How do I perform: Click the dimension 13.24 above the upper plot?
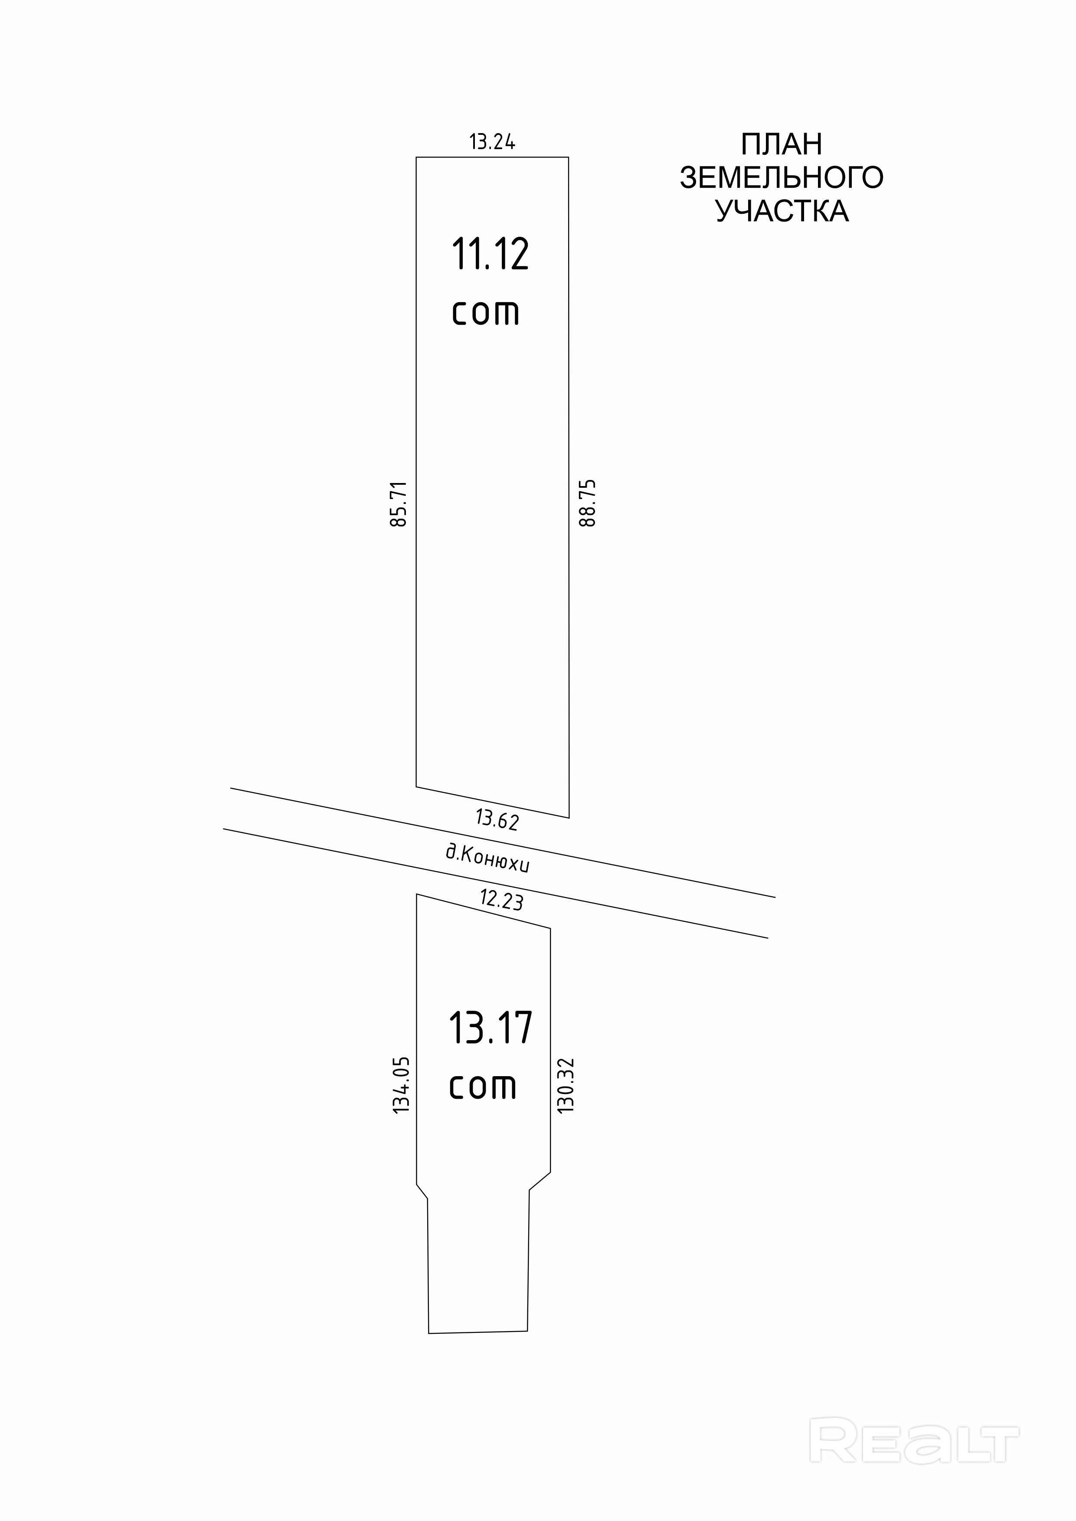(492, 142)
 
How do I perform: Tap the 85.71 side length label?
(399, 503)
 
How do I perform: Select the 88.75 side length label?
(588, 503)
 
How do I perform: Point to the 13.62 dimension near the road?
(497, 820)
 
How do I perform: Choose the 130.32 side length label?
(566, 1085)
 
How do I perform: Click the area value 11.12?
(491, 255)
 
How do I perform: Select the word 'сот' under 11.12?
(486, 313)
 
